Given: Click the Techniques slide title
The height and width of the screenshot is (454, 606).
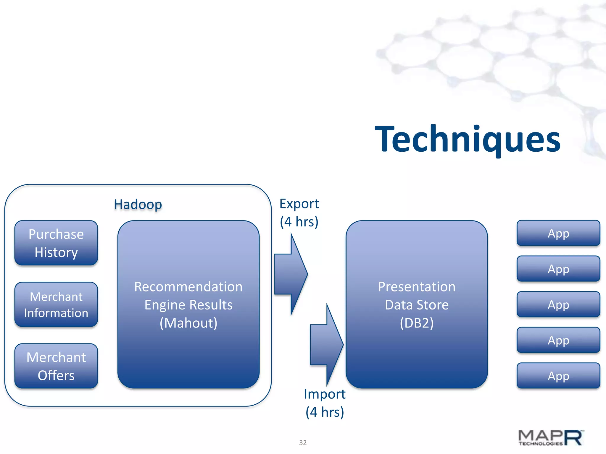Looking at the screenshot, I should click(x=468, y=139).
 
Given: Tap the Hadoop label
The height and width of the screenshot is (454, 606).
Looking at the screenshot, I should click(x=138, y=205).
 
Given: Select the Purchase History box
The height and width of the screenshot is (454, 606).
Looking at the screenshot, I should click(x=56, y=243).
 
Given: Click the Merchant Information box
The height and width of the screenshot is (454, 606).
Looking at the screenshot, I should click(x=56, y=304).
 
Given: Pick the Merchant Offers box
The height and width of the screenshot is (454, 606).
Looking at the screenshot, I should click(x=56, y=366).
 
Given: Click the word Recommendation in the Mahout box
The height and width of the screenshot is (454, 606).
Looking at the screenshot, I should click(x=188, y=287).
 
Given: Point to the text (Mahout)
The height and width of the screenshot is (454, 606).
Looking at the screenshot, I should click(x=188, y=323).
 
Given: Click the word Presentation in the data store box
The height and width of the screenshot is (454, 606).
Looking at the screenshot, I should click(x=417, y=287).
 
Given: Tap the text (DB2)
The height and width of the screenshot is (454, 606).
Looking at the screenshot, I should click(x=417, y=323).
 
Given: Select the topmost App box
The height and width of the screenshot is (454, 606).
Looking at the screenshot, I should click(x=558, y=233).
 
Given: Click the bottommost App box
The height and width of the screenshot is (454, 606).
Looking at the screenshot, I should click(x=558, y=376).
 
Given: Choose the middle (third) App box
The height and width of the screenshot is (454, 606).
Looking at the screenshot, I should click(x=558, y=304).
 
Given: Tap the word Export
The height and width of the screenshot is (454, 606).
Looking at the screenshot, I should click(x=299, y=204).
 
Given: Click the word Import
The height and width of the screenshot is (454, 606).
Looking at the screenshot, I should click(x=325, y=394).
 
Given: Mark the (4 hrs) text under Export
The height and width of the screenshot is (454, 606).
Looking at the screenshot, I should click(x=299, y=222).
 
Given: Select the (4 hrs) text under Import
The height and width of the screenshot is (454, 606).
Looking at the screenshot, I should click(x=325, y=412).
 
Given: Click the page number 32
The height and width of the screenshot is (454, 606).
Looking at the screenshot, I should click(x=303, y=442).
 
